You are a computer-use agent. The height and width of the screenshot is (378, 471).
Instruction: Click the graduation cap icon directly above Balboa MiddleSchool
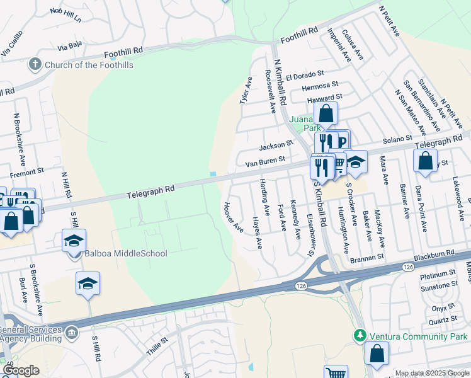coord(74,240)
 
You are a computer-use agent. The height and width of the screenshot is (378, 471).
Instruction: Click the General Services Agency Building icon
coord(71,331)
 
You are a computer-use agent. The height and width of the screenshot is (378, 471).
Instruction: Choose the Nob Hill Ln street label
coord(65,15)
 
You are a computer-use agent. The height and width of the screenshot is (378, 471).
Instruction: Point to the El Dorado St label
coord(304,76)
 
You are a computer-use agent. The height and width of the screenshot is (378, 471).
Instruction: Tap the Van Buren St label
coord(265,161)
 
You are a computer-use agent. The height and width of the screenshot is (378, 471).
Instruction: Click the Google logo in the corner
coord(21,370)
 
